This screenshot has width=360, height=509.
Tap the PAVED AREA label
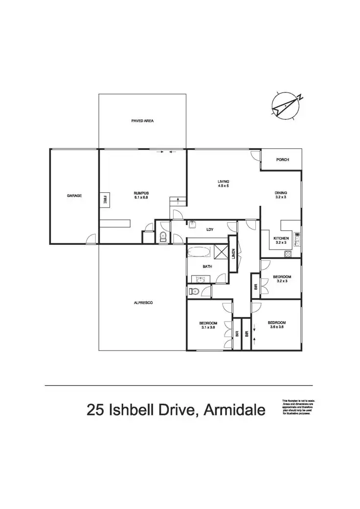click(x=143, y=120)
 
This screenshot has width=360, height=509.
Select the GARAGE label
click(x=74, y=196)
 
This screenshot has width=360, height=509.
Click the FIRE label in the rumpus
click(x=105, y=200)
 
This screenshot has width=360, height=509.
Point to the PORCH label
click(x=282, y=160)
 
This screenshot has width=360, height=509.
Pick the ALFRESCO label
click(x=143, y=303)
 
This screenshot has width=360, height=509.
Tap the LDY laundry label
click(x=209, y=229)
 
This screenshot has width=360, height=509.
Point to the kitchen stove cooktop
click(x=288, y=254)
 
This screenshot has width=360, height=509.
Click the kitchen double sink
click(x=297, y=240)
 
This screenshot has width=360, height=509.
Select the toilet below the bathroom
click(x=195, y=292)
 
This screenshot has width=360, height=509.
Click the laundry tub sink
click(x=192, y=226)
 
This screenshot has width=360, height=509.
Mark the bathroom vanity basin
click(x=200, y=279)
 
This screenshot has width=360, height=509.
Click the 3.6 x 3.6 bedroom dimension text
click(x=276, y=328)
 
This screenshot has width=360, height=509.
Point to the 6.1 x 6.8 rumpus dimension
click(x=141, y=198)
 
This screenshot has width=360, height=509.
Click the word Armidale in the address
click(x=234, y=409)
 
